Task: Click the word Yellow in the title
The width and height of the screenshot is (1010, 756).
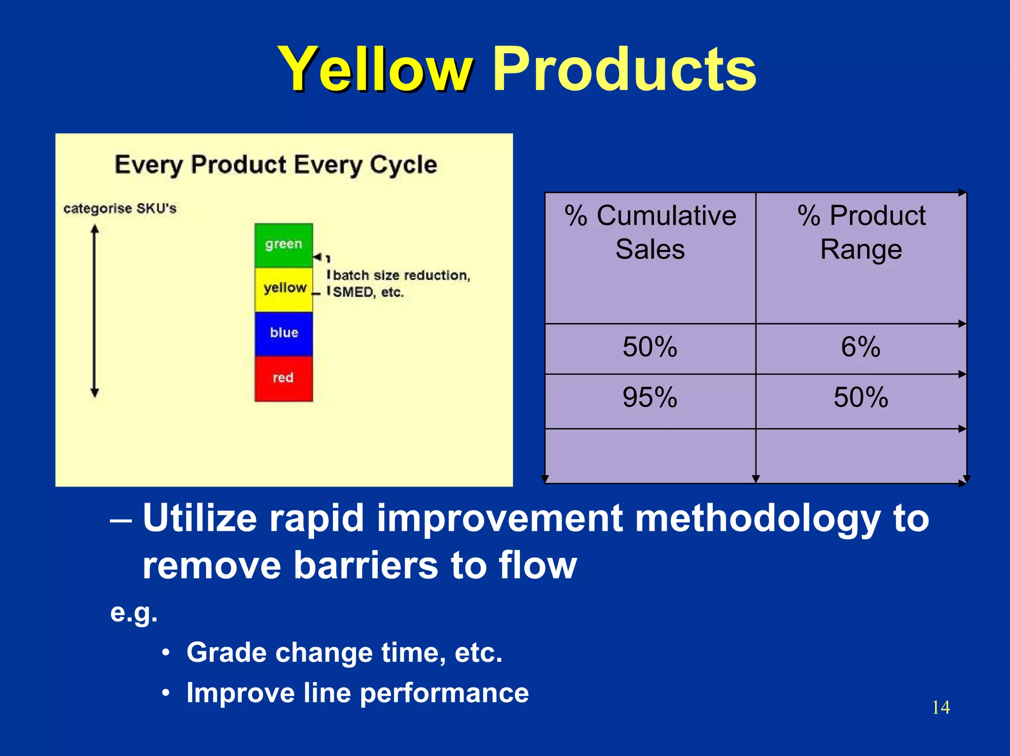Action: [x=375, y=70]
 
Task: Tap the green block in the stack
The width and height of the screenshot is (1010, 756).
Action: [x=284, y=245]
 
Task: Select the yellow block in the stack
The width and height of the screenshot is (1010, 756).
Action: [x=284, y=289]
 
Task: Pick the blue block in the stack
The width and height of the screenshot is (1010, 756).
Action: [x=284, y=333]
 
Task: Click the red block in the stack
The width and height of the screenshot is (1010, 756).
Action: [x=284, y=378]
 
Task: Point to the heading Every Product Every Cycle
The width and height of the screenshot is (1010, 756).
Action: [x=276, y=165]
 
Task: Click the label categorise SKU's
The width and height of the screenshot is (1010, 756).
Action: [x=120, y=208]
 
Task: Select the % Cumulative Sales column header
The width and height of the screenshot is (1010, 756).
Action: [x=650, y=232]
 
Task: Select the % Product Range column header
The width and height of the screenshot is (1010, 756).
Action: [x=861, y=232]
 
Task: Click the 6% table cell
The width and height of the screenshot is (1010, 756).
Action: [x=861, y=347]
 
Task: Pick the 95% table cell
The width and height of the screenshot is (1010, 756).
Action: [x=649, y=397]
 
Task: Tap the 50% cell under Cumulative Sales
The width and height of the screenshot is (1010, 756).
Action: [x=649, y=347]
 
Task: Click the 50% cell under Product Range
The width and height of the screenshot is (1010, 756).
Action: [x=861, y=397]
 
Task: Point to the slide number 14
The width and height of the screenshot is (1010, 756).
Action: [x=940, y=707]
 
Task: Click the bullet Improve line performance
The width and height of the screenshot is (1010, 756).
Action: [x=358, y=693]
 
